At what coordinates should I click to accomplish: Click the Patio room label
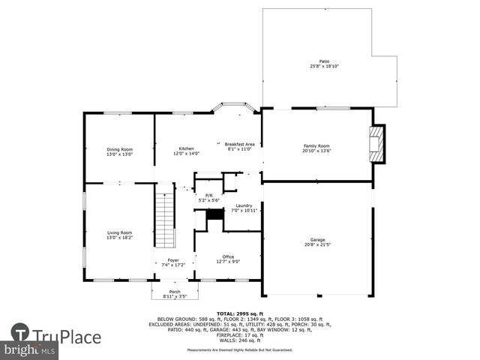pos(324,61)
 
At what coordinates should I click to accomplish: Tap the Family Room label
pos(316,145)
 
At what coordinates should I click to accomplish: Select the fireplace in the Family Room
pos(377,143)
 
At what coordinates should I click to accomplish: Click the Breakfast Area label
pos(241,144)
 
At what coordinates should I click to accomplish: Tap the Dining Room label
pos(119,149)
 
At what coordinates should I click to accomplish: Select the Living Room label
pos(119,232)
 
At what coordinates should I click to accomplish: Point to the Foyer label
pos(173,260)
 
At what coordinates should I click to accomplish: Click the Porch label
pos(174,291)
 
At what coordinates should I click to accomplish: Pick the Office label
pos(228,256)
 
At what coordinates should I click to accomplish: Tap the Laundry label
pos(244,205)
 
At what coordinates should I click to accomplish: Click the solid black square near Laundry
pos(215,214)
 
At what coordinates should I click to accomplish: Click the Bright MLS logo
pos(29,349)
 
